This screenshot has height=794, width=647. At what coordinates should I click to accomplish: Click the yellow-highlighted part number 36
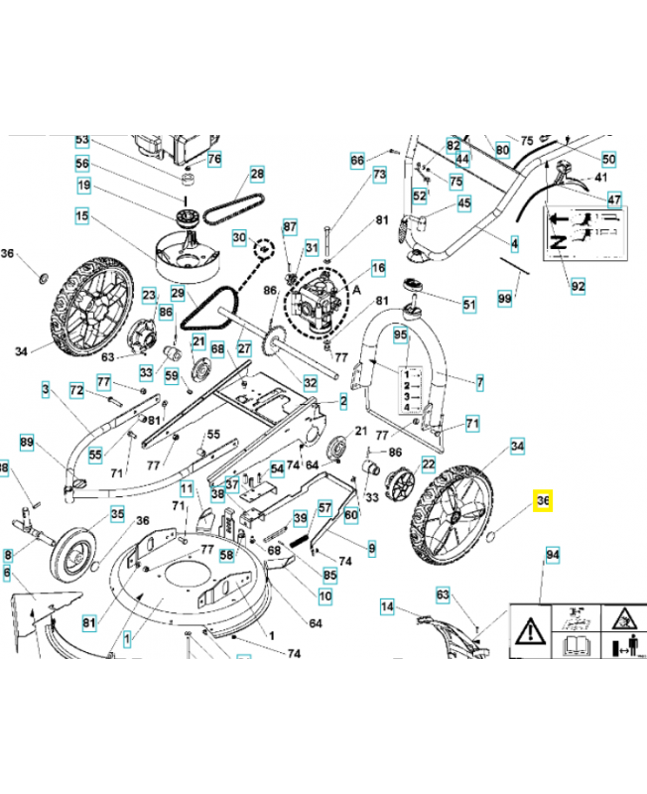click(x=543, y=502)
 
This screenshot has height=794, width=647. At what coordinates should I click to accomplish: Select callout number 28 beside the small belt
click(x=258, y=175)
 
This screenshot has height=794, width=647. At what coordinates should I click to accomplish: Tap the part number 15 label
click(x=81, y=215)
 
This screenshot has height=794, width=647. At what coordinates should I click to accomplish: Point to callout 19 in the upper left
click(x=83, y=186)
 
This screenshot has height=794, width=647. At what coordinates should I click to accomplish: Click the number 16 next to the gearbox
click(x=378, y=268)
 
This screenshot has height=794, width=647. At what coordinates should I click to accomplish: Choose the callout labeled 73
click(x=379, y=174)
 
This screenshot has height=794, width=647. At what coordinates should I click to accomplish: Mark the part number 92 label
click(x=578, y=287)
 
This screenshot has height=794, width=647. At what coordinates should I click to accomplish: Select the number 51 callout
click(x=469, y=303)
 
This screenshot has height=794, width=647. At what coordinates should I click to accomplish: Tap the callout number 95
click(x=400, y=335)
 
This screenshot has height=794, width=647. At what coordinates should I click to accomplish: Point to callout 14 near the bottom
click(x=387, y=605)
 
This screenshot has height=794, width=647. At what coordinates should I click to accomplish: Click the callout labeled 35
click(x=117, y=514)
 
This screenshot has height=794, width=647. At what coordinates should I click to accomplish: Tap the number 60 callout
click(x=351, y=514)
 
